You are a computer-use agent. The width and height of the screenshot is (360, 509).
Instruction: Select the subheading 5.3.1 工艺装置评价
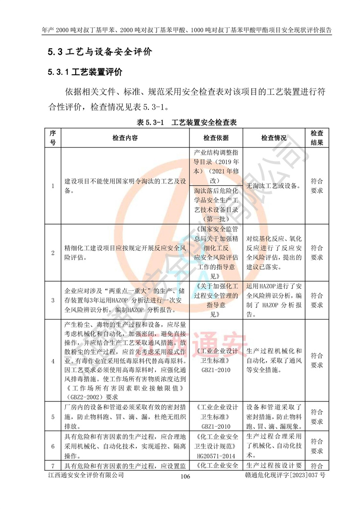click(85, 72)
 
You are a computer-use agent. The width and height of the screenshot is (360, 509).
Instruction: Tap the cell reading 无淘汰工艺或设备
click(274, 185)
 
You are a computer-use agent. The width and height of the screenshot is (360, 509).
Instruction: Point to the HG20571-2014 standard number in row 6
click(216, 455)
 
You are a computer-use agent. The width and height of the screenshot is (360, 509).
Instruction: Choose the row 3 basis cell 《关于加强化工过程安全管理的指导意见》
click(216, 299)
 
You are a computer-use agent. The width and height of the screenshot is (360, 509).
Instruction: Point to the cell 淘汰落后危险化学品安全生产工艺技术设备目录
click(216, 204)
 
